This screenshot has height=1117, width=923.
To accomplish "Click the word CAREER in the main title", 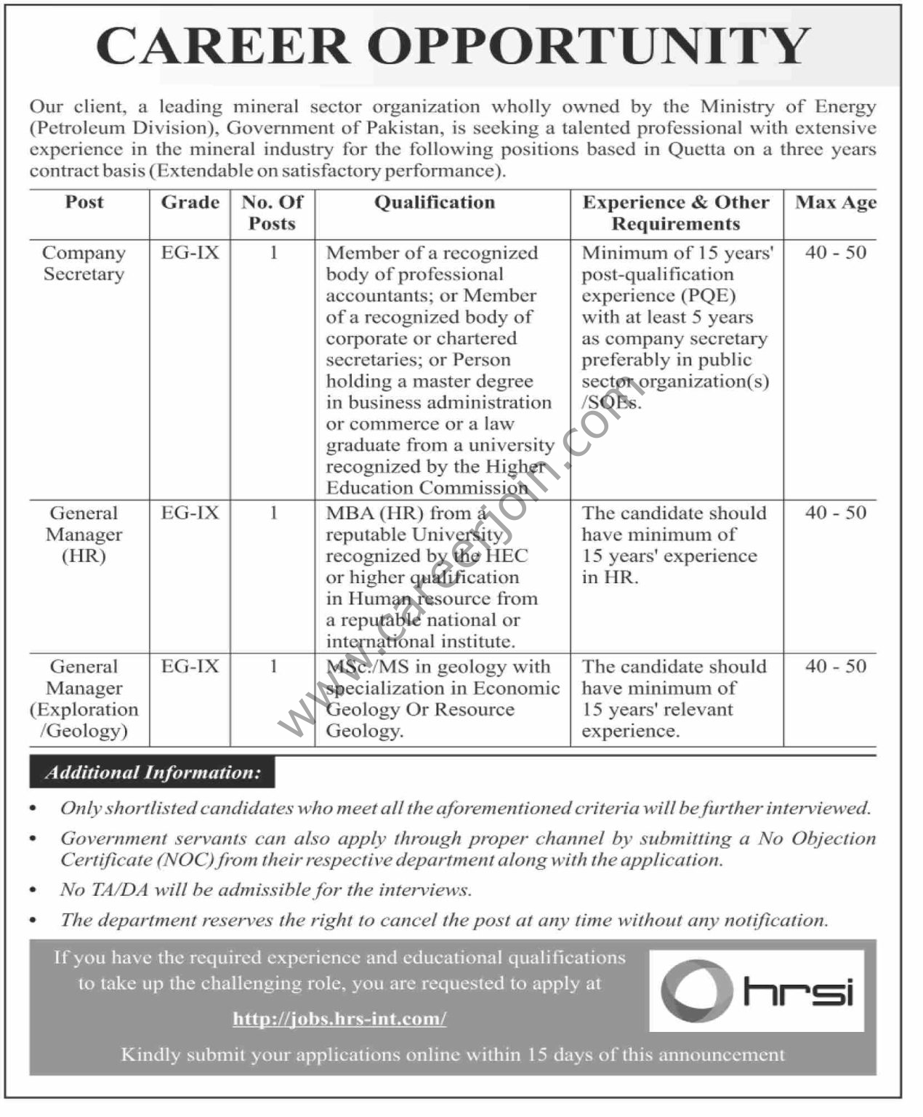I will [222, 46].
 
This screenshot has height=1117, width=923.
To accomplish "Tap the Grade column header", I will [190, 202].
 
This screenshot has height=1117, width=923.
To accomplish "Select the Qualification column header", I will [435, 202].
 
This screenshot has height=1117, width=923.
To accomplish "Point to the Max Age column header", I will [836, 202].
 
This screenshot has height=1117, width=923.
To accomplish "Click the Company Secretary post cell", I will [84, 263].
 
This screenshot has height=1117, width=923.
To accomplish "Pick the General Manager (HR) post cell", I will [84, 535].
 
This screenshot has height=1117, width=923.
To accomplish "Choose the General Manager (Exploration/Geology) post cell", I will [84, 698].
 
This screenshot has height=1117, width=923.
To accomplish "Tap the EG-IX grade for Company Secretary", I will [190, 253].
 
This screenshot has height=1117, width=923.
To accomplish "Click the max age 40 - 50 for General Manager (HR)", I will [836, 513].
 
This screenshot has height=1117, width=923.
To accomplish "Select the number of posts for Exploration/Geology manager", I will [273, 666].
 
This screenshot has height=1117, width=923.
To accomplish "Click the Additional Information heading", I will [153, 772].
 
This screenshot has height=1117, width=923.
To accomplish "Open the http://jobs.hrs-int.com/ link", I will [339, 1019].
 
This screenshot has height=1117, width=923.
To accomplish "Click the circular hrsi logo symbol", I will [696, 991].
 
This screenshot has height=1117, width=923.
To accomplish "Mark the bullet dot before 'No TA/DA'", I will [33, 891].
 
